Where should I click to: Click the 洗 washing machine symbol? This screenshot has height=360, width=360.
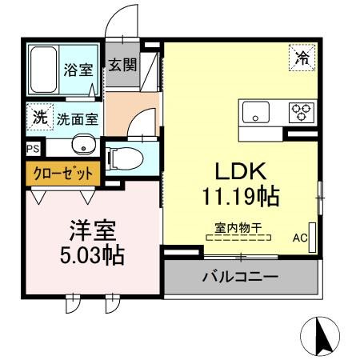(38, 117)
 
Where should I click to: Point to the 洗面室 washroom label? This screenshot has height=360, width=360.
(77, 120)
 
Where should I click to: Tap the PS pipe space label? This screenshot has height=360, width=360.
(32, 149)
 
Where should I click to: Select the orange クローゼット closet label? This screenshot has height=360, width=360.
(63, 173)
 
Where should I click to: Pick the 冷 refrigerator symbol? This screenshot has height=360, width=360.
(302, 57)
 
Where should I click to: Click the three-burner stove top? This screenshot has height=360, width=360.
(301, 110)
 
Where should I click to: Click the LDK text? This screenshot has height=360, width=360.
(242, 171)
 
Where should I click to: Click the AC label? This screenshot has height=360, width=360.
(300, 238)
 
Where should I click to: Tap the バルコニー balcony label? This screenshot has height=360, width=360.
(239, 277)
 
